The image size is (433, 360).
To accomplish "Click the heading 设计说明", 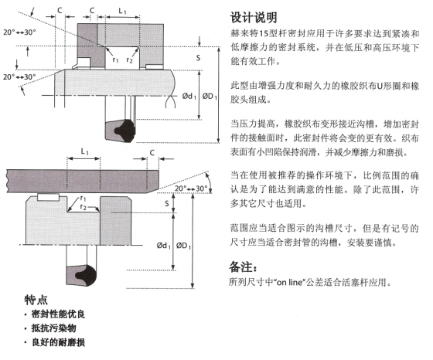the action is coord(254,18).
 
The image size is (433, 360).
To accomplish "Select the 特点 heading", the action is coord(36,300).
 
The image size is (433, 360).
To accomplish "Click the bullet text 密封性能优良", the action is coord(58,314).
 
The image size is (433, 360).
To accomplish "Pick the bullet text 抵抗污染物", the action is coord(53,328).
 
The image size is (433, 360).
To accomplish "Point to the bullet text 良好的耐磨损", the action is coord(58,342).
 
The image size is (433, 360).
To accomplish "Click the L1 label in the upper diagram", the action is coord(122,11).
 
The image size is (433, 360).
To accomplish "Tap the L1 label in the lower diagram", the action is coord(84,151).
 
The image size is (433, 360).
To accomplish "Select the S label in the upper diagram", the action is coord(198,58).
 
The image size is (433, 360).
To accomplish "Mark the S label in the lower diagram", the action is coord(166,204).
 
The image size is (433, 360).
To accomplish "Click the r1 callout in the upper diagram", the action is coord(115,59).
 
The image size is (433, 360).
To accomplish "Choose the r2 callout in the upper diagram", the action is coord(129,59).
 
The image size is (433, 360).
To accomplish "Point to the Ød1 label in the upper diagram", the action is coord(189,96).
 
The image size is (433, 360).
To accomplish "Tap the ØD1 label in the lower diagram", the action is coord(184,245).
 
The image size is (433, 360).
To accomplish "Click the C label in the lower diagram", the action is coord(152,152).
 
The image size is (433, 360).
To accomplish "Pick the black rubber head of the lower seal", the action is coord(86,275).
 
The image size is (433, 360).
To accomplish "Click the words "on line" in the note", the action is coord(290,283).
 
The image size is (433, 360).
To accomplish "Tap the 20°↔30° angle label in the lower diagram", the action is coord(191,188).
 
